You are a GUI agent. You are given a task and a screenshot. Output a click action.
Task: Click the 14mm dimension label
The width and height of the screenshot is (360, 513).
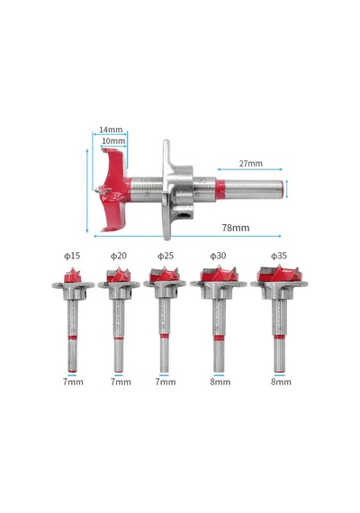click(111, 130)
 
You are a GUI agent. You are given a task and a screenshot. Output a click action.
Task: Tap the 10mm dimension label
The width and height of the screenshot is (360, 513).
click(113, 140)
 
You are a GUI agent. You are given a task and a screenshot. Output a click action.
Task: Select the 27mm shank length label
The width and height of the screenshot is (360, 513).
click(250, 163)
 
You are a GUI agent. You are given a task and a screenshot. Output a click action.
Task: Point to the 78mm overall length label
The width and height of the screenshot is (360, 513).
click(236, 228)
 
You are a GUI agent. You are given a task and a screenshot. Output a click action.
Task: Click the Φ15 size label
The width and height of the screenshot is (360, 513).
click(72, 256)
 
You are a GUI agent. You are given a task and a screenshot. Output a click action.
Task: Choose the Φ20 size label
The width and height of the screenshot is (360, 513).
click(119, 256)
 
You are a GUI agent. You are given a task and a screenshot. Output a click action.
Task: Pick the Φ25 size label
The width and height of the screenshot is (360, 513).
click(166, 256)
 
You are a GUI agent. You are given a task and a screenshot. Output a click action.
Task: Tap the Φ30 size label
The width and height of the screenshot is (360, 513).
click(218, 256)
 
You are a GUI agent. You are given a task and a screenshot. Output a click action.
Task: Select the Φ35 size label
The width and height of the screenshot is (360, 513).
click(279, 256)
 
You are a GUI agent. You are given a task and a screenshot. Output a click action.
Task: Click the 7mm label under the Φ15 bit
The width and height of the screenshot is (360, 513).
click(73, 382)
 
